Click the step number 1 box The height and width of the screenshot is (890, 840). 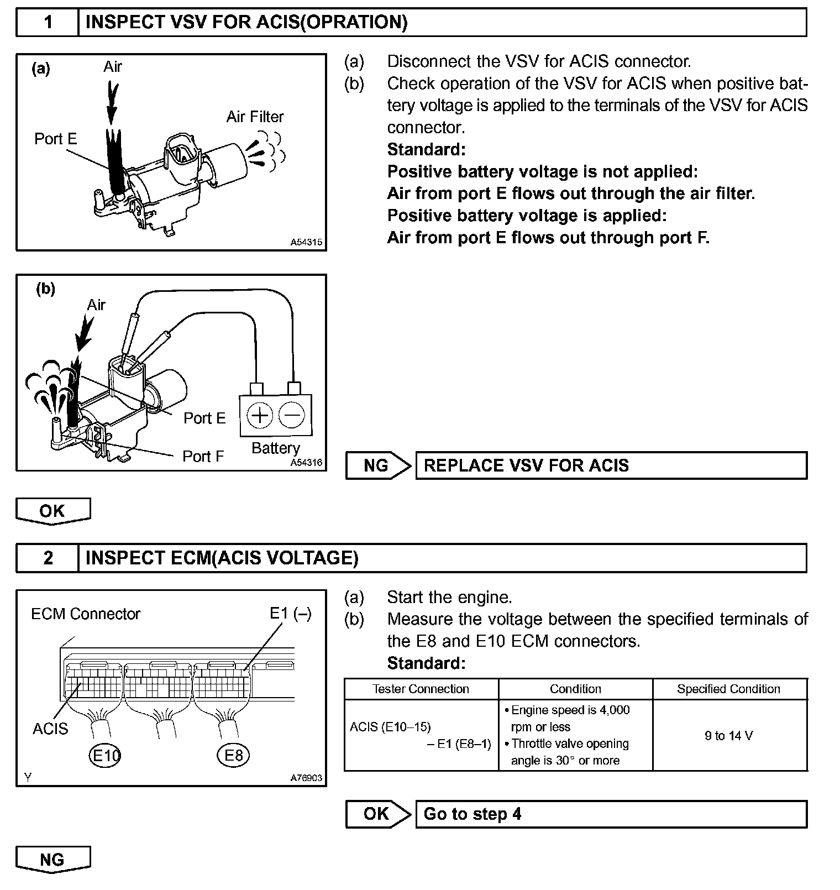[x=48, y=23]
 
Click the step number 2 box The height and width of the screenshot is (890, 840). [x=48, y=558]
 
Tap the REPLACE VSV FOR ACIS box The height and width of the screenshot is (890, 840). [x=611, y=465]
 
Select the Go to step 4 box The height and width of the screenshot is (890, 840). [x=611, y=814]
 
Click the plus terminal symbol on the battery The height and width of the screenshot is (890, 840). [x=259, y=415]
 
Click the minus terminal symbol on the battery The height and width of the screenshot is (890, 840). [x=292, y=415]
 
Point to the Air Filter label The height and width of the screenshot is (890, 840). [x=255, y=117]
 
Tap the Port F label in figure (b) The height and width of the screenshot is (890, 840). [x=203, y=457]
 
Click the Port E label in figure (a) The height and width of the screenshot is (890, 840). [x=55, y=139]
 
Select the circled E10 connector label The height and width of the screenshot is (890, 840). [x=105, y=755]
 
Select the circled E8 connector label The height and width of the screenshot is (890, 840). [x=233, y=755]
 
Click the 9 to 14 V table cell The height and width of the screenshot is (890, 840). [x=729, y=736]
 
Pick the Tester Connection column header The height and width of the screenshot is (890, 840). [x=421, y=689]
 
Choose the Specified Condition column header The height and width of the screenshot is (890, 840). [x=729, y=689]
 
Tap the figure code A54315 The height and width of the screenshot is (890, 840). [x=307, y=243]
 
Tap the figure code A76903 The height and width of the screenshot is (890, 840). [x=307, y=778]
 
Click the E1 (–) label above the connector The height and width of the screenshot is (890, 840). [x=291, y=614]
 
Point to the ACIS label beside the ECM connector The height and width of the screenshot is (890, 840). [x=50, y=729]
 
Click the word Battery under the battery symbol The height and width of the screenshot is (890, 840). [x=275, y=448]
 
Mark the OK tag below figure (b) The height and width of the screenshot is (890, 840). [x=53, y=511]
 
